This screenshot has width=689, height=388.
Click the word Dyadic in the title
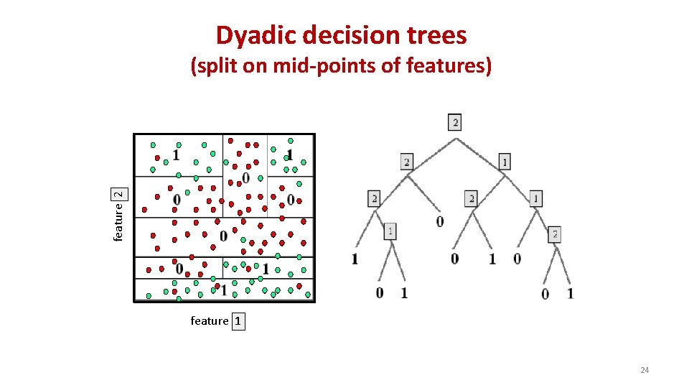[248, 35]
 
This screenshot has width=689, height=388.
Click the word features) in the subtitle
[449, 67]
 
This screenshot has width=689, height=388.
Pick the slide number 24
[644, 370]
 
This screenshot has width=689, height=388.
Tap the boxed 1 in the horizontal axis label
[238, 321]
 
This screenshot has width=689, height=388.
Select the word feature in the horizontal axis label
[210, 321]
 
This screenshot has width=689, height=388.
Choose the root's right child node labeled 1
[505, 162]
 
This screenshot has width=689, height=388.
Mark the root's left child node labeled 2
[408, 162]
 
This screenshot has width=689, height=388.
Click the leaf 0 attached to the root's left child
[440, 221]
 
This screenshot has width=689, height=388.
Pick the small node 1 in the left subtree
[389, 231]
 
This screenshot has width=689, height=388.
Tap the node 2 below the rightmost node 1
[555, 234]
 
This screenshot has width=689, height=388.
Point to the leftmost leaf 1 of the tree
[355, 259]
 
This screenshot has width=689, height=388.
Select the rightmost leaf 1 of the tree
[570, 293]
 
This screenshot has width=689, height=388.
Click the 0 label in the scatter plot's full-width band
[223, 236]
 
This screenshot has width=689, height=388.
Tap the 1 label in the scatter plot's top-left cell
[175, 154]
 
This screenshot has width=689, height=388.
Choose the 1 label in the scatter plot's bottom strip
[224, 290]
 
